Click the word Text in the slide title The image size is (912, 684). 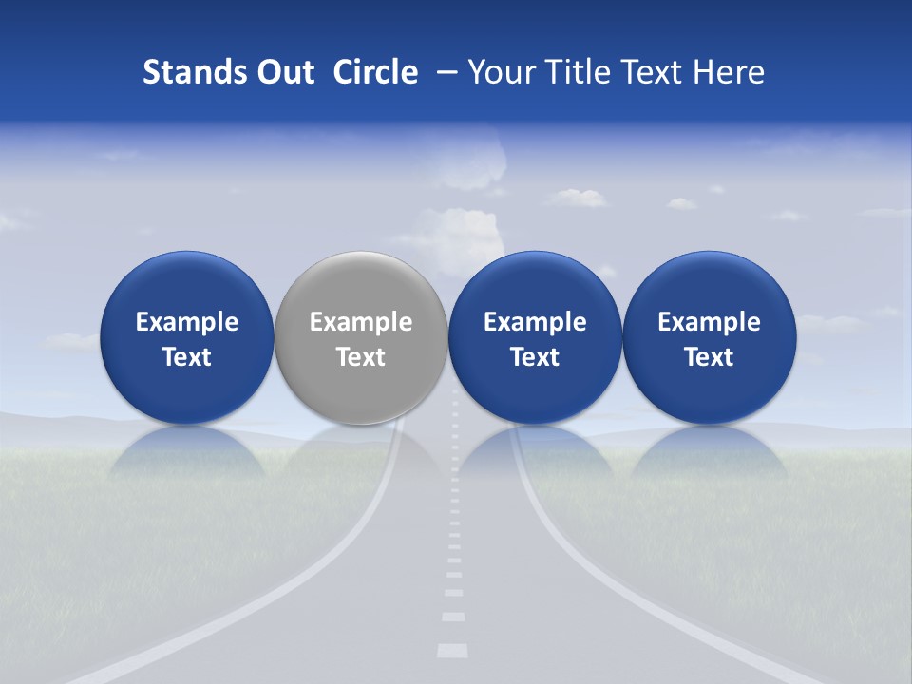649,72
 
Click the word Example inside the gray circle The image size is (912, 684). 361,322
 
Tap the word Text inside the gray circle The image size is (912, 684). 361,357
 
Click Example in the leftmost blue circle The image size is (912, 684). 186,322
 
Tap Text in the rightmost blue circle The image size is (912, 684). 710,357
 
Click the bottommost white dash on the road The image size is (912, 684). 452,651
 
